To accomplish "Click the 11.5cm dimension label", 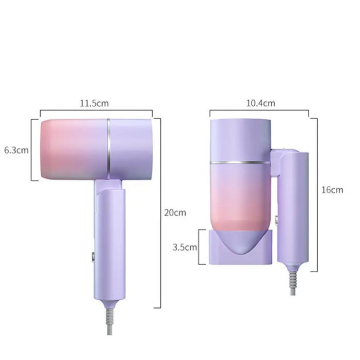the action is pyautogui.click(x=94, y=103).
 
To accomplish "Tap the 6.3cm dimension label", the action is pyautogui.click(x=17, y=150).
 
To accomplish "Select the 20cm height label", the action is pyautogui.click(x=175, y=212).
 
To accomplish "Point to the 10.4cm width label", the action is pyautogui.click(x=260, y=103).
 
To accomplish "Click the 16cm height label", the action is pyautogui.click(x=332, y=190).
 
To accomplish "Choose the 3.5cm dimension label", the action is pyautogui.click(x=185, y=247).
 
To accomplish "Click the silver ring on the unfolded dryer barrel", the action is pyautogui.click(x=108, y=149).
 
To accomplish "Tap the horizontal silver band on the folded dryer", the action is pyautogui.click(x=240, y=162).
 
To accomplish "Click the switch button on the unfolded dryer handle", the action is pyautogui.click(x=93, y=257).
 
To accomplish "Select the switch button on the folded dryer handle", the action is pyautogui.click(x=276, y=220).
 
